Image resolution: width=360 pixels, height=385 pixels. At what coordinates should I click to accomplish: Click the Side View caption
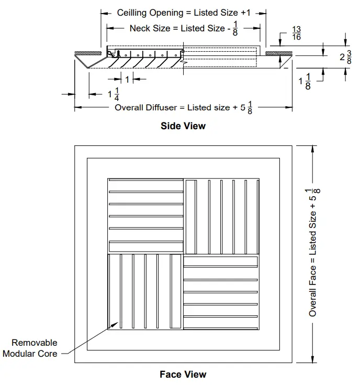click(x=183, y=126)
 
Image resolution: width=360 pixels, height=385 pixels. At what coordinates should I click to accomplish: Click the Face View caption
click(x=183, y=375)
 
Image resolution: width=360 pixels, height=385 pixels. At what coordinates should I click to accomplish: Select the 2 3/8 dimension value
click(x=345, y=58)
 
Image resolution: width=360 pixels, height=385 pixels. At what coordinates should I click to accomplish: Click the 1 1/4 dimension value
click(x=114, y=95)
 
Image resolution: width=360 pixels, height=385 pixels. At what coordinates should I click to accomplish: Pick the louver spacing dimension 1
click(x=127, y=79)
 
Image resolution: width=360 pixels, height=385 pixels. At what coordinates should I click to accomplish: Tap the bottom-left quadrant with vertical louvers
click(x=144, y=292)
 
